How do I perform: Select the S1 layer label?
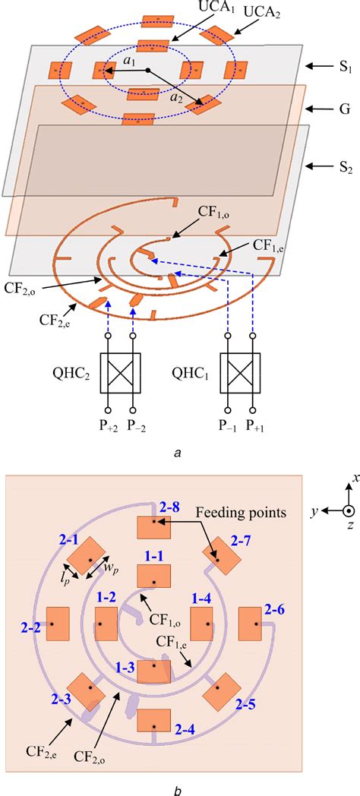[x=327, y=67]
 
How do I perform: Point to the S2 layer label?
[x=327, y=167]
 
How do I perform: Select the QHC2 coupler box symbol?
[x=119, y=373]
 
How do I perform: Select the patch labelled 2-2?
[x=58, y=624]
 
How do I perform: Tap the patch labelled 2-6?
[x=251, y=624]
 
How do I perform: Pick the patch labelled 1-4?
[x=201, y=624]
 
